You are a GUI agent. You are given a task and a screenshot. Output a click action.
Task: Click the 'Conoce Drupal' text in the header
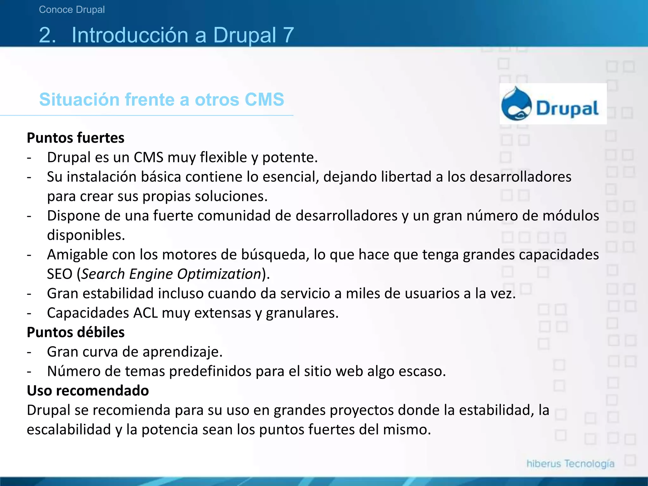(x=72, y=9)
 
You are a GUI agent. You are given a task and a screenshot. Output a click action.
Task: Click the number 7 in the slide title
(x=288, y=35)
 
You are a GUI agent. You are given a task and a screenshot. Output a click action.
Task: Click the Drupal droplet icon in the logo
(x=516, y=104)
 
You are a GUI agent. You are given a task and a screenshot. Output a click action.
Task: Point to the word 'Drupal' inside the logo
(x=567, y=109)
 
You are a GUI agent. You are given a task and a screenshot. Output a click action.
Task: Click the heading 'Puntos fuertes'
(x=75, y=138)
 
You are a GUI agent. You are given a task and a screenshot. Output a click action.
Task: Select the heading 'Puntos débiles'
(x=75, y=332)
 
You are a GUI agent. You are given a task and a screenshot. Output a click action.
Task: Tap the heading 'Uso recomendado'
(x=88, y=390)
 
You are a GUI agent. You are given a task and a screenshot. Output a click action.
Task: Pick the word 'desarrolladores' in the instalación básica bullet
(x=520, y=177)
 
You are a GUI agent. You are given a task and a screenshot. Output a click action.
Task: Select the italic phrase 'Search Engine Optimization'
(x=171, y=274)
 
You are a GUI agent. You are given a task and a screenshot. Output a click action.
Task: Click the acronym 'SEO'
(x=59, y=274)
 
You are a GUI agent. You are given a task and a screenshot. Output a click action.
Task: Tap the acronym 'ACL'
(x=145, y=313)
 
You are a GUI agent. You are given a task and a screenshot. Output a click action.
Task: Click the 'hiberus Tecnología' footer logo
(x=570, y=464)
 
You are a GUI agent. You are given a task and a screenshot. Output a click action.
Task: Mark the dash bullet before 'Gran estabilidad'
(x=29, y=294)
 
